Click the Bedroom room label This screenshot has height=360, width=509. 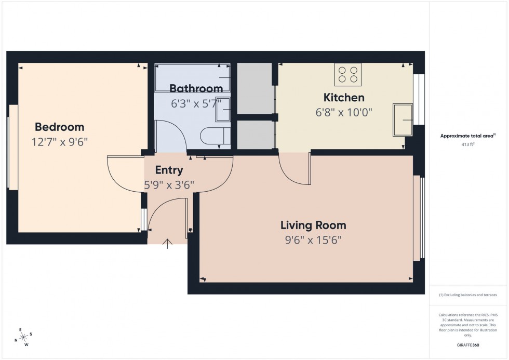point(59,127)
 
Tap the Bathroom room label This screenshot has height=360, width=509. point(196,88)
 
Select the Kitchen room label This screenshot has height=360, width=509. point(344,97)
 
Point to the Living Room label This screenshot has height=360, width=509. point(313,225)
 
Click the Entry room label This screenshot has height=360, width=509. point(169,170)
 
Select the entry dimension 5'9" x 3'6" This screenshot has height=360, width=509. point(169,184)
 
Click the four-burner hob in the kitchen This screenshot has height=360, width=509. point(348,74)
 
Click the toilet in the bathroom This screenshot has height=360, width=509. point(212,136)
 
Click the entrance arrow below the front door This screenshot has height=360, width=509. point(168,244)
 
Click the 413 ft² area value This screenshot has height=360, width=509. point(468,145)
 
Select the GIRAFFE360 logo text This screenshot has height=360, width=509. point(468,345)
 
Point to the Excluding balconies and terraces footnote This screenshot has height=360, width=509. point(468,295)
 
